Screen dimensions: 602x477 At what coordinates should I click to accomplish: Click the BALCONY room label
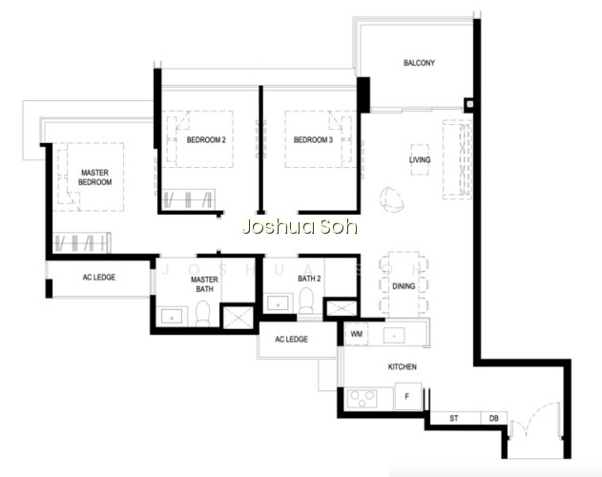click(x=419, y=63)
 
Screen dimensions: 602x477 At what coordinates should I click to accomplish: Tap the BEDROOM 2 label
click(x=206, y=140)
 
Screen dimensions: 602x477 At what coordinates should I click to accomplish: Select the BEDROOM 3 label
click(x=313, y=140)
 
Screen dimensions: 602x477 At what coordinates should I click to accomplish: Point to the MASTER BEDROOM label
click(x=94, y=177)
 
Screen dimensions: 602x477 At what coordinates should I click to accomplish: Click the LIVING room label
click(x=420, y=159)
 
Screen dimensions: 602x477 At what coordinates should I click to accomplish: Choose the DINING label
click(x=404, y=286)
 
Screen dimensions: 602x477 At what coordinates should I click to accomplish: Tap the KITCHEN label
click(x=403, y=366)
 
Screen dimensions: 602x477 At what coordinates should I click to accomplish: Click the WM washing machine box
click(x=356, y=334)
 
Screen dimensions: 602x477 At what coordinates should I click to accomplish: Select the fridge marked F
click(x=407, y=396)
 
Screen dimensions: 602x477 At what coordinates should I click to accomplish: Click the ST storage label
click(x=454, y=418)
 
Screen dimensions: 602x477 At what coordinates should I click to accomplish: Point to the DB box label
click(x=494, y=418)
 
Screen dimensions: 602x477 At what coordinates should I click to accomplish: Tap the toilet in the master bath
click(x=203, y=314)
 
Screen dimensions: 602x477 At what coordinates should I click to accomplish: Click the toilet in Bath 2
click(x=306, y=301)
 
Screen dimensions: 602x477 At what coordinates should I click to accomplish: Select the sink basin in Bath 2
click(x=278, y=303)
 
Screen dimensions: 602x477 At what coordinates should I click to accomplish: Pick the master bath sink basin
click(x=172, y=317)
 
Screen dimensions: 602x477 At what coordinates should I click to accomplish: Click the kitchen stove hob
click(x=362, y=399)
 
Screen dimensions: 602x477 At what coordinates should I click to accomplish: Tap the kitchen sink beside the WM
click(x=394, y=335)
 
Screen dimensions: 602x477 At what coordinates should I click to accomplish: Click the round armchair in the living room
click(x=391, y=199)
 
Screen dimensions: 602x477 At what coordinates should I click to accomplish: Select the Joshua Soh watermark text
click(x=300, y=227)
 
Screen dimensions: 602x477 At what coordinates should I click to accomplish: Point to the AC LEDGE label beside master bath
click(x=99, y=278)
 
